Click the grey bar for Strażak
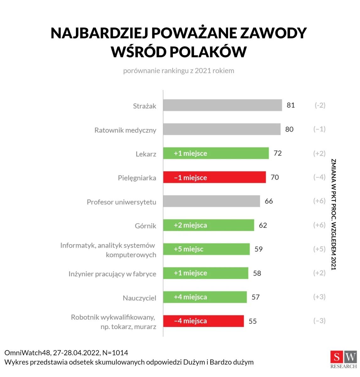pos(222,105)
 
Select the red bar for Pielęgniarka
pos(214,178)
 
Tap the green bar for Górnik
pos(208,225)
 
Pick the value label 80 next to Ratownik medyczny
pos(289,129)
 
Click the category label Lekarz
pos(146,154)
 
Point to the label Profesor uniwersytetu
pos(121,202)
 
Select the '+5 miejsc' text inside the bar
pos(188,249)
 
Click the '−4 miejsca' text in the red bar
pos(190,321)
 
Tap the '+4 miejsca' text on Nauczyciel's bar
pos(190,297)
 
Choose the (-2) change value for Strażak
pos(320,105)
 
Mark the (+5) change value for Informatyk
pos(319,249)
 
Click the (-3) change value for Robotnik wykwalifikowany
pos(319,321)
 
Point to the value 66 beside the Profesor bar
pos(269,201)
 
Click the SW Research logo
pos(343,359)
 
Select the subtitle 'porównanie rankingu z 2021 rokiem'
pos(178,71)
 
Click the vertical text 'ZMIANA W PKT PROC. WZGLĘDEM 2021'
pos(334,214)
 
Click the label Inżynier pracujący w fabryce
pos(112,274)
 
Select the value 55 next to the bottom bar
pos(253,321)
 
